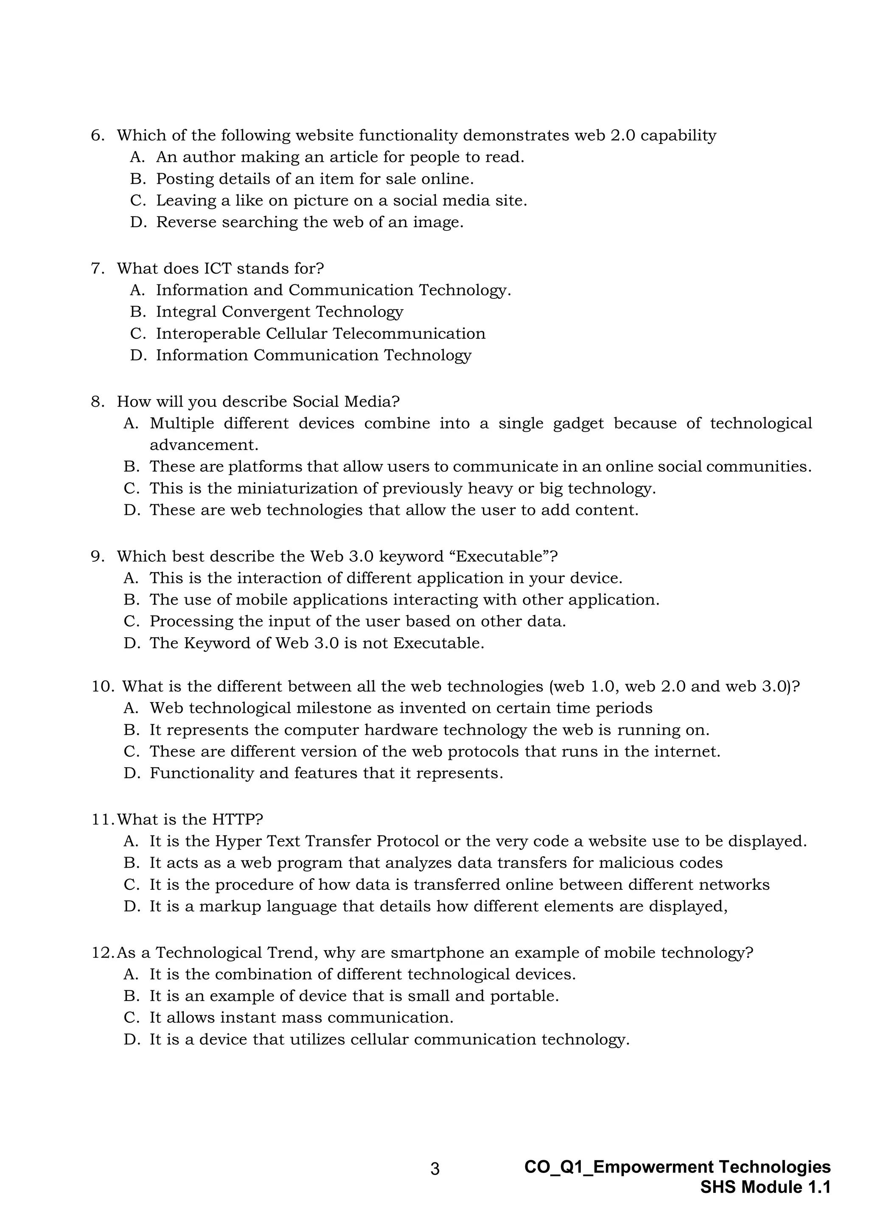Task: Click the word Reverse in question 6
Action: [186, 222]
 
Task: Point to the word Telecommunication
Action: [408, 334]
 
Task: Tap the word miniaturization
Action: [307, 488]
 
